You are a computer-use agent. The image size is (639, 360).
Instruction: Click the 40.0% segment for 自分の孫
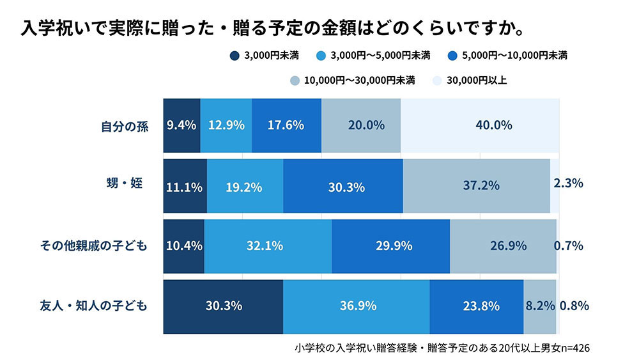[479, 125]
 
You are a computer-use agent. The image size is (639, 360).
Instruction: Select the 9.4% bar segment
[181, 125]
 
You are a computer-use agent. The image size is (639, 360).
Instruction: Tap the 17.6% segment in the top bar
[286, 125]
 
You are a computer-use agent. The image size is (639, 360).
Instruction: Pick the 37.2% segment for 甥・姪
[476, 186]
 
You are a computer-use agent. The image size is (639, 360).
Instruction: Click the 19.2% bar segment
[245, 186]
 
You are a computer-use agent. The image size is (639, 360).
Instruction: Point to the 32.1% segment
[268, 246]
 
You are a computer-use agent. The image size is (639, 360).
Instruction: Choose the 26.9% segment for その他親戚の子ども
[503, 246]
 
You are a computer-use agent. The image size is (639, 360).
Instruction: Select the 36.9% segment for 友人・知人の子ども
[356, 306]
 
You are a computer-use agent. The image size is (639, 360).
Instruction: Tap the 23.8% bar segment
[476, 306]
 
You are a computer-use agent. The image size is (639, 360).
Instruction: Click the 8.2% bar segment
[540, 306]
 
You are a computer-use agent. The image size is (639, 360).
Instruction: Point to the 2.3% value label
[569, 184]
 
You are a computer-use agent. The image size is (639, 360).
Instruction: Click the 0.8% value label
[574, 306]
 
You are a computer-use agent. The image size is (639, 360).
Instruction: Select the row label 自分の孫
[125, 126]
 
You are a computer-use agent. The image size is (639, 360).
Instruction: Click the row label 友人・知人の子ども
[94, 306]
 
